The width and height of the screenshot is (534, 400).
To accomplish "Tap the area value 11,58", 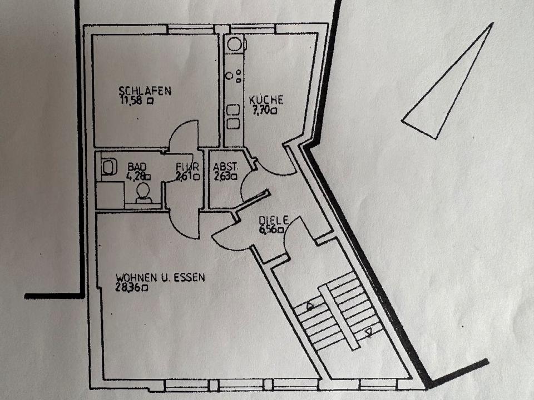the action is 132,101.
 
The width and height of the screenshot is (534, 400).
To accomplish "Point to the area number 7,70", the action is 263,110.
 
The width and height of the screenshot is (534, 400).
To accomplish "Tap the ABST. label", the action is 226,167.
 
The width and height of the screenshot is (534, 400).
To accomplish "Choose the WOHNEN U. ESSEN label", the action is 160,277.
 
